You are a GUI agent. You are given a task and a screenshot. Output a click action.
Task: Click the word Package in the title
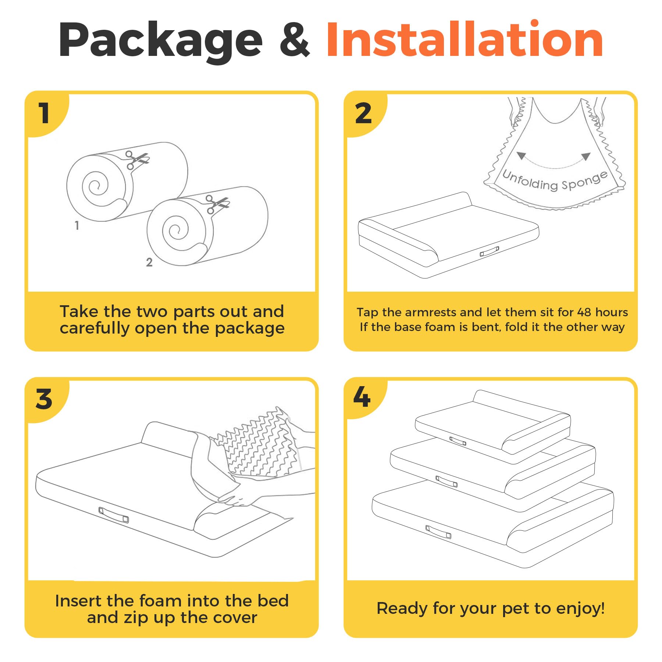[x=161, y=41]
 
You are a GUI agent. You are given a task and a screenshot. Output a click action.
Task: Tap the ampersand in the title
[x=295, y=39]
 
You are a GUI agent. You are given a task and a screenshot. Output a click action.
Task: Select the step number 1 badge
[x=44, y=113]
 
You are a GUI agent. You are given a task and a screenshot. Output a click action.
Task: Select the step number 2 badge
[x=363, y=113]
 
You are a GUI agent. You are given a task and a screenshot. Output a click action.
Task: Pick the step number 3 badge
[x=44, y=399]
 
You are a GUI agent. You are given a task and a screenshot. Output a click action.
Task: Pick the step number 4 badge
[x=362, y=397]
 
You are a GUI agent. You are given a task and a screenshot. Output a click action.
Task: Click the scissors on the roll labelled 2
[x=217, y=204]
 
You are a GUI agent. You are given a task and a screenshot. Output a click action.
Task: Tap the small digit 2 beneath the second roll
[x=149, y=262]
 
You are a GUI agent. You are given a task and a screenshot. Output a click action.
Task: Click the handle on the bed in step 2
[x=490, y=252]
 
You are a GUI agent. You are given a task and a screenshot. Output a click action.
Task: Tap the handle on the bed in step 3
[x=114, y=515]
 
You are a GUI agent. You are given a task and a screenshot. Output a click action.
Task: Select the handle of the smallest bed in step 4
[x=458, y=441]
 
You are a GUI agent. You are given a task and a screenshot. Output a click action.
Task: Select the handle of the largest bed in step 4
[x=438, y=532]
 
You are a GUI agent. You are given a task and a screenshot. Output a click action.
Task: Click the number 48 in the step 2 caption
[x=584, y=312]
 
